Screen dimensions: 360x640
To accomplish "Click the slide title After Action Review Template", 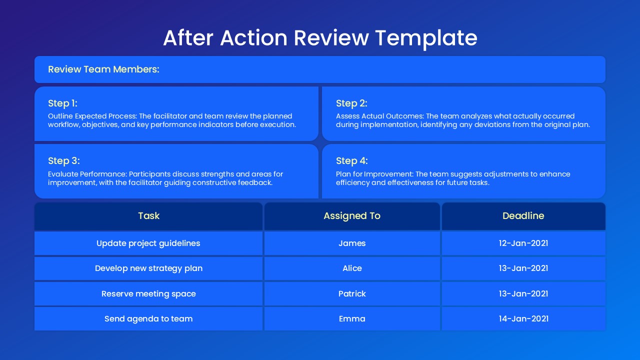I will pos(320,38).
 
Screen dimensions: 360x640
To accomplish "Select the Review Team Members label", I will pos(103,69).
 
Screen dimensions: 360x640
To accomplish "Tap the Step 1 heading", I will pos(62,103).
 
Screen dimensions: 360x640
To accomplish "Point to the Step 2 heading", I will pos(351,103).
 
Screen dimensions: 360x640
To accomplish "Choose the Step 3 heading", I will pos(64,161).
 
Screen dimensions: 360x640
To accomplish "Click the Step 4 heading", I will pos(351,161).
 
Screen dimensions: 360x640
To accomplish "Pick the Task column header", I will pos(148,216).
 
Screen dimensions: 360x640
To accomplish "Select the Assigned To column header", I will pos(352,216).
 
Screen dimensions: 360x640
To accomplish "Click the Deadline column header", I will pos(523,216).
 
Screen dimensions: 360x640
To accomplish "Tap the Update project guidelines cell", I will pos(148,243).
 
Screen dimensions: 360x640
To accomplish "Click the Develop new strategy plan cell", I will pos(148,268).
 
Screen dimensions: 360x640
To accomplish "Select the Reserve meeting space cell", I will pos(148,294).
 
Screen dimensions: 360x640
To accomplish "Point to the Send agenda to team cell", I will pos(148,319).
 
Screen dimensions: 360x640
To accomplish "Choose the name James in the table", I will pos(352,243).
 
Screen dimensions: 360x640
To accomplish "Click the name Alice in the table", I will pos(352,268).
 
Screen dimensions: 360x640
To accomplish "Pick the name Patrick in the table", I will pos(352,294).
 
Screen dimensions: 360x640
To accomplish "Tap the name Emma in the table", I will pos(352,319).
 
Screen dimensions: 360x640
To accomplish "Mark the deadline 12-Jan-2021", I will pos(523,243).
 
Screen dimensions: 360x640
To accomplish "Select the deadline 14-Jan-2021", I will pos(523,319).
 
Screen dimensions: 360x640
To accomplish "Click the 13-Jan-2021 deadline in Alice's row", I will pos(523,268).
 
